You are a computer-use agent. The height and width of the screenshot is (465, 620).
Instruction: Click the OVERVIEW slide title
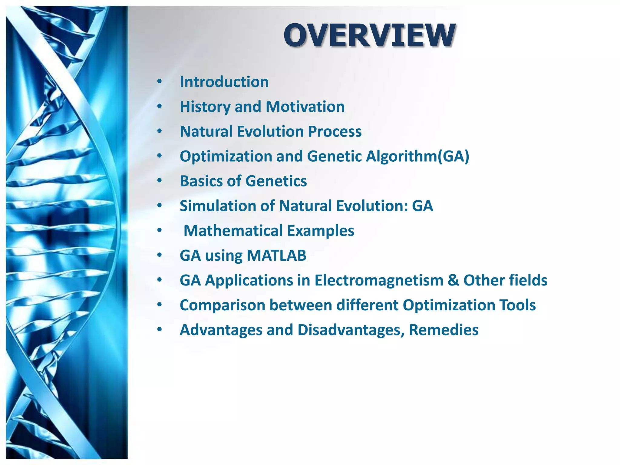coord(369,35)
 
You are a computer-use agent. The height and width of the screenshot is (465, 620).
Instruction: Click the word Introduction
coord(224,82)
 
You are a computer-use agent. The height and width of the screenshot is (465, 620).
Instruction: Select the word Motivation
coord(305,107)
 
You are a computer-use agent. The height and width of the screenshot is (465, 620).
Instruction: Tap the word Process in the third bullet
coord(335,132)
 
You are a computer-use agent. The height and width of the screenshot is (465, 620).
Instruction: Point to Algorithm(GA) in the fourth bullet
coord(417,157)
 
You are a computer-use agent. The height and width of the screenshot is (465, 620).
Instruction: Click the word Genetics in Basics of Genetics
coord(276,181)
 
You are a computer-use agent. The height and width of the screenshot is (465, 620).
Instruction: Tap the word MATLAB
coord(276,256)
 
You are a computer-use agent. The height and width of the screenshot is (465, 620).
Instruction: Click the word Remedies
coord(444,330)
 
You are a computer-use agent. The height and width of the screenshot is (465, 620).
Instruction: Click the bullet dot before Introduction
coord(160,82)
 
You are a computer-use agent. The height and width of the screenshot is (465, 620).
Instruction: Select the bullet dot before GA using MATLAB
coord(160,256)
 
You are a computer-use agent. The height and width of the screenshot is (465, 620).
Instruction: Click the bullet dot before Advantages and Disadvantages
coord(160,330)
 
